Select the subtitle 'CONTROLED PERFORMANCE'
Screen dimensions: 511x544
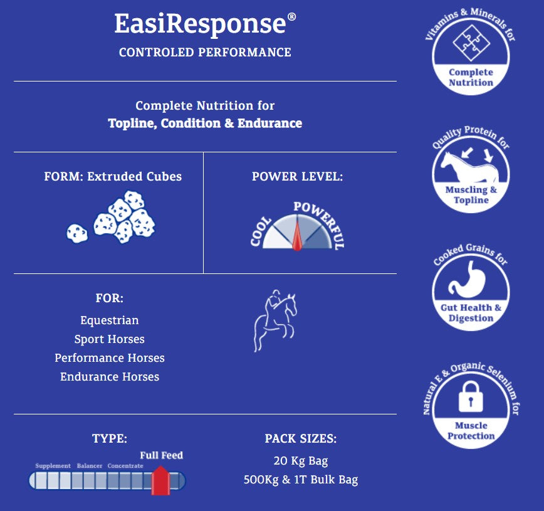205,53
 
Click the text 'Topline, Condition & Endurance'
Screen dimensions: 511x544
205,124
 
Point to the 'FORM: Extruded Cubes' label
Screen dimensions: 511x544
113,177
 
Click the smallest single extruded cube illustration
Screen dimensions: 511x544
77,233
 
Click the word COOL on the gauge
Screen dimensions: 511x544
261,231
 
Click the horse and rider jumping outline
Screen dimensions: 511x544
275,320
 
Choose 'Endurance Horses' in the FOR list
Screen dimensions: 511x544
110,377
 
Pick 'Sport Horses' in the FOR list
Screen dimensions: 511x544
110,339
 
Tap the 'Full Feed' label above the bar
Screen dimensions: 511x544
161,455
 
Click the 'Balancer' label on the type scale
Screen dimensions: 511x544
90,466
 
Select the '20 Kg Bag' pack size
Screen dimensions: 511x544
300,461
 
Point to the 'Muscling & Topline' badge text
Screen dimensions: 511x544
471,195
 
